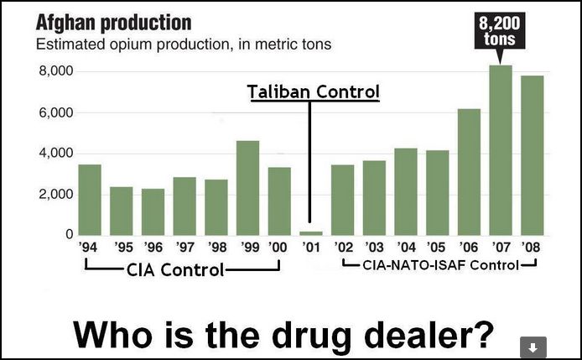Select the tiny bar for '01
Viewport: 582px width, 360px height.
pos(311,232)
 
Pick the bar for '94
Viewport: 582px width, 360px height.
pos(90,200)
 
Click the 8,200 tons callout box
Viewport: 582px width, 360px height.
pos(501,31)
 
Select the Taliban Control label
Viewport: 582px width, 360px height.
pos(314,91)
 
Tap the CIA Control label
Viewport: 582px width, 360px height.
pos(174,270)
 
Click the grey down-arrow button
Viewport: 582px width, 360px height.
pos(533,346)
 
